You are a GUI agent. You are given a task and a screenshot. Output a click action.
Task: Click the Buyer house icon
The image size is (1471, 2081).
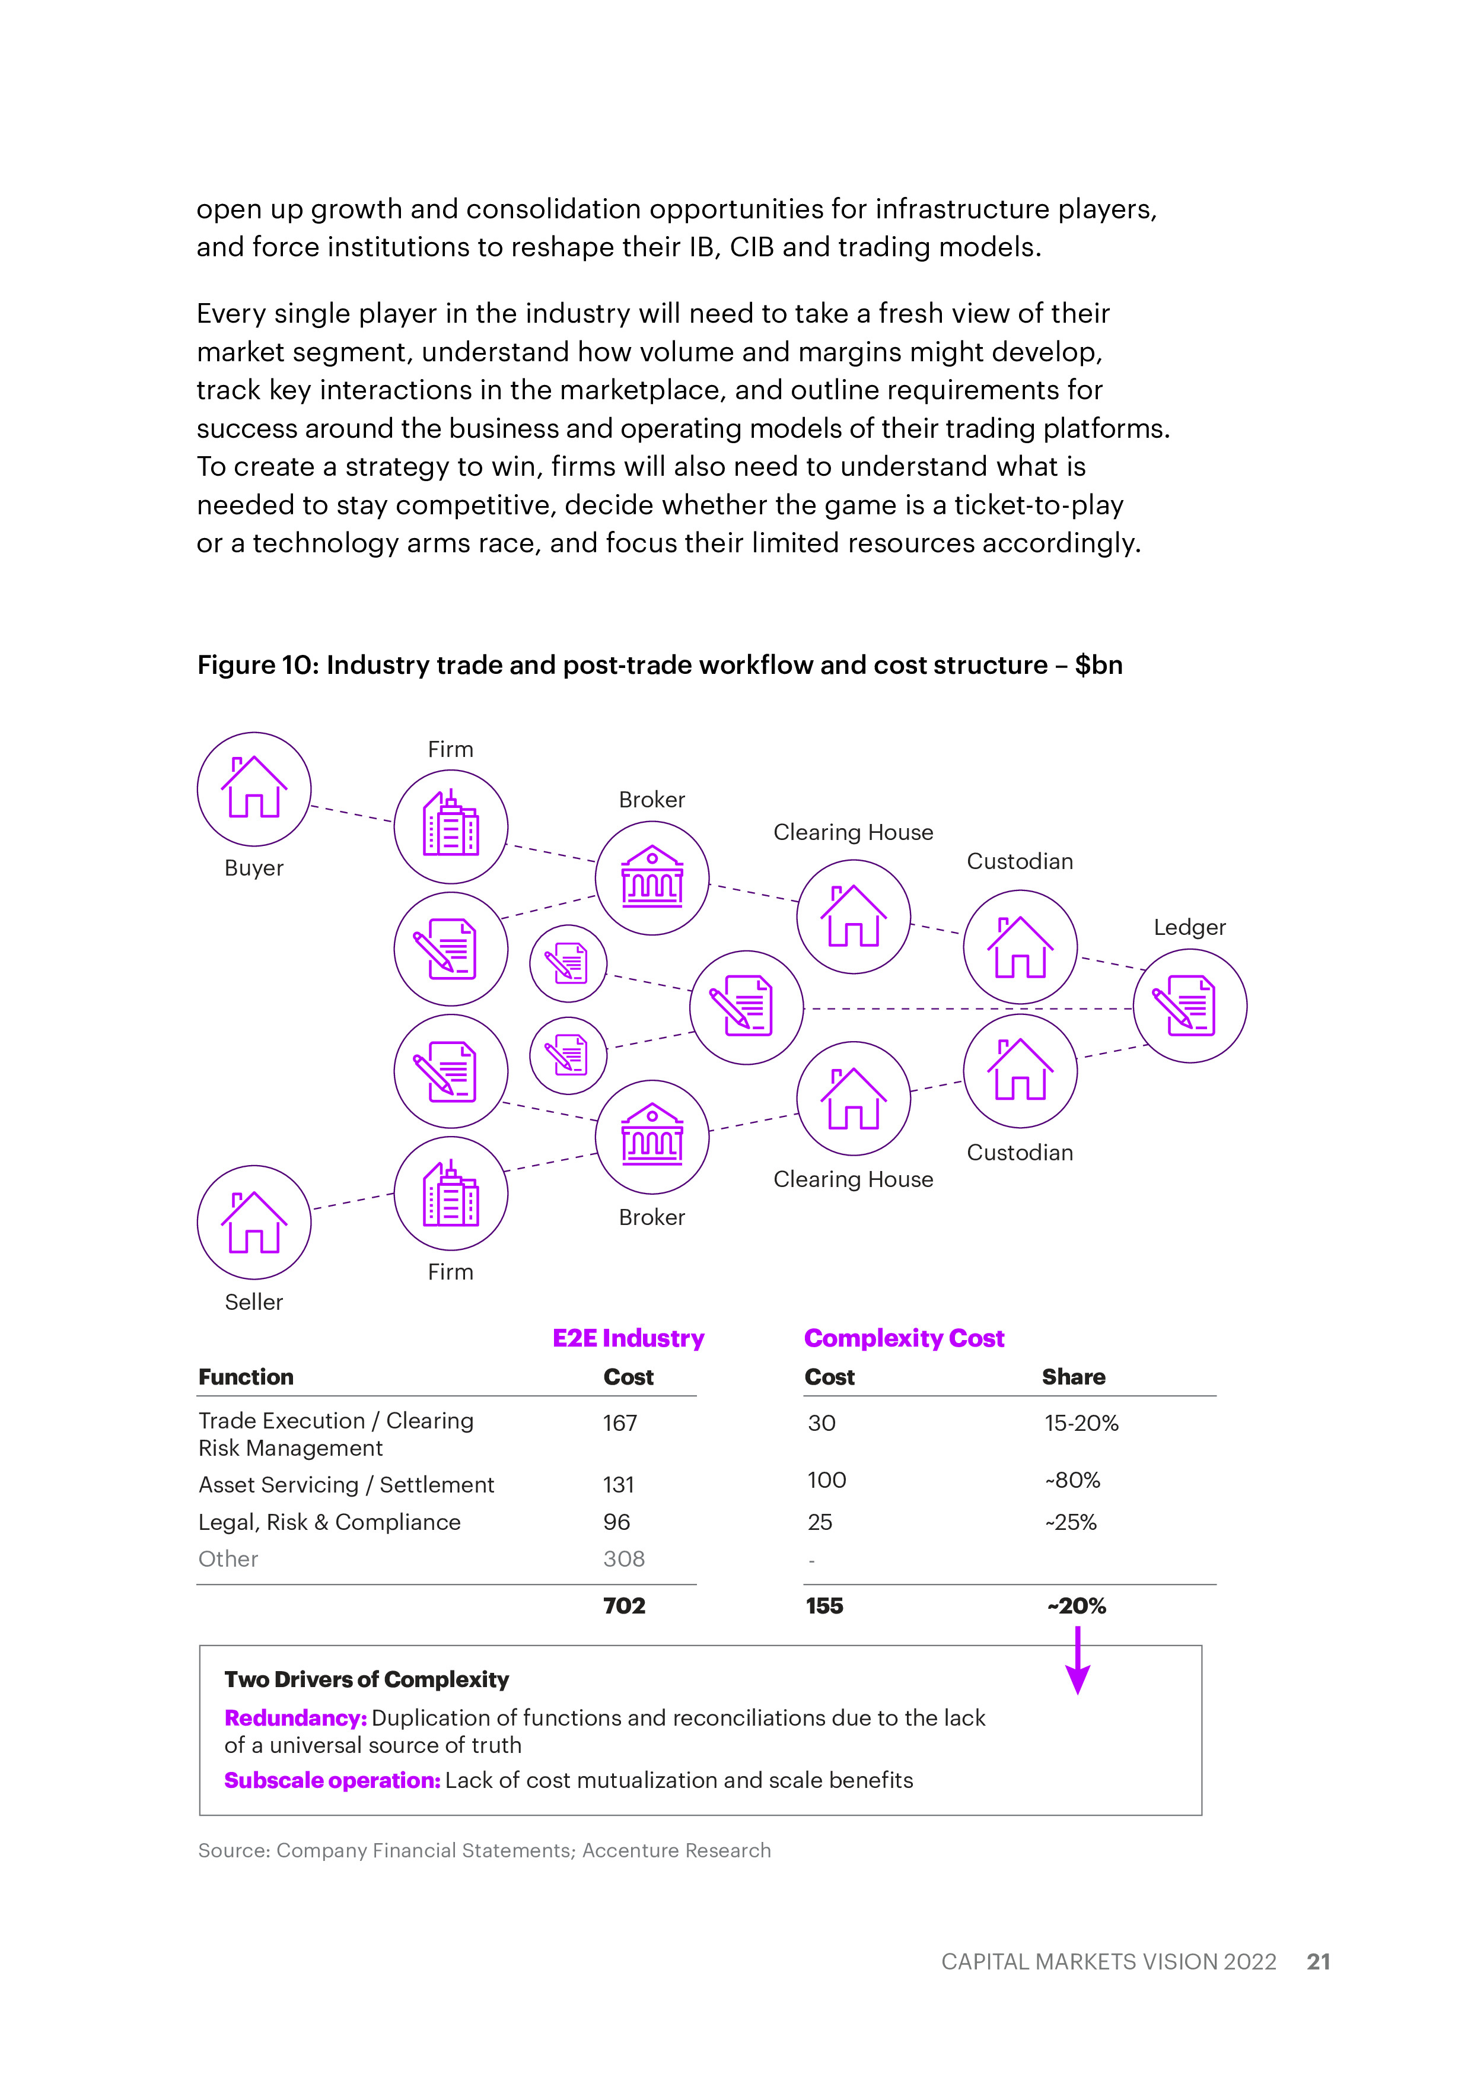pos(254,788)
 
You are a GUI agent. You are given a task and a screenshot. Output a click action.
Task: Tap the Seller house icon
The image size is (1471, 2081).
pos(254,1222)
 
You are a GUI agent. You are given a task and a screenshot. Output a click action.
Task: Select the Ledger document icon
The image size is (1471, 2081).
pos(1189,1006)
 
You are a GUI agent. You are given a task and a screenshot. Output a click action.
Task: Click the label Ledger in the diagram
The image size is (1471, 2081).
pos(1189,927)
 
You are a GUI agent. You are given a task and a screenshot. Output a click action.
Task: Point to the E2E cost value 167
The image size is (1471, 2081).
pos(620,1423)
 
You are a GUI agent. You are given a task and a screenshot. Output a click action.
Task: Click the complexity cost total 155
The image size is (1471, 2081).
pos(824,1606)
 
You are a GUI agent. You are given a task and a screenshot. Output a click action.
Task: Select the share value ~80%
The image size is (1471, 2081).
pos(1072,1480)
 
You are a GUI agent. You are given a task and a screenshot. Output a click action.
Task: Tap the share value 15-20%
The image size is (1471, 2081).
pos(1081,1423)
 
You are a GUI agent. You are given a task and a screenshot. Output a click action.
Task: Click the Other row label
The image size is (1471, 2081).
pos(228,1559)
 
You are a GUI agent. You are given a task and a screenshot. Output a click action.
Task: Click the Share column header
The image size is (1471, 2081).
pos(1073,1377)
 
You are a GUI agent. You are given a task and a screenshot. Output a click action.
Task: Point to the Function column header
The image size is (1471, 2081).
pos(246,1377)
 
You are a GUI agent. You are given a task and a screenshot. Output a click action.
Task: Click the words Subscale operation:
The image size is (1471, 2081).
pos(332,1780)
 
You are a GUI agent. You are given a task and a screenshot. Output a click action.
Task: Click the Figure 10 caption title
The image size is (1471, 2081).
pos(660,665)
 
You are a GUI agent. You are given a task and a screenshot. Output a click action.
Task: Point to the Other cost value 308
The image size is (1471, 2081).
pos(623,1559)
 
